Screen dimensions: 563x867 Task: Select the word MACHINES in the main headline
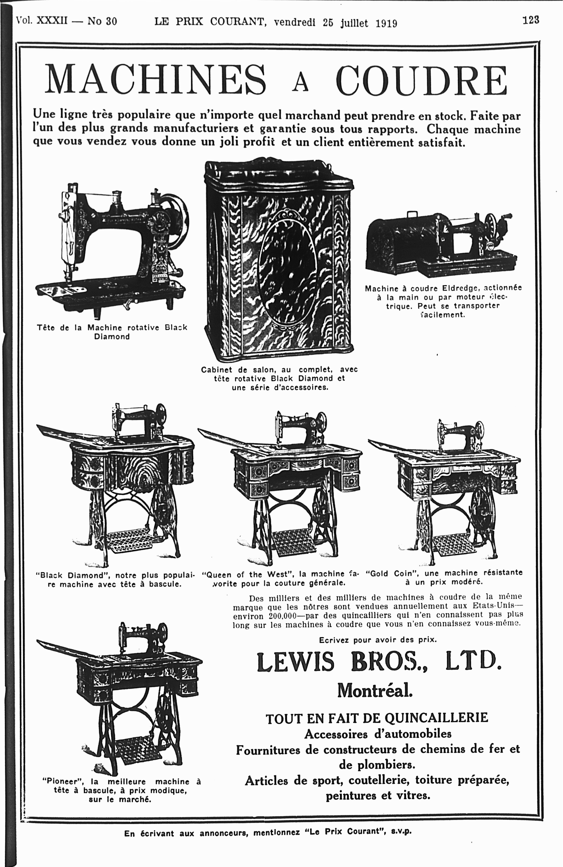155,79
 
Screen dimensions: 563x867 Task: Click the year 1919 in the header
386,23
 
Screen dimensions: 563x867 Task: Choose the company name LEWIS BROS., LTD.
379,662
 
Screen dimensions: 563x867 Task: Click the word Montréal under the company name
375,690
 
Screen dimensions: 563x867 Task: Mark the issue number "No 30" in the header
102,21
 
